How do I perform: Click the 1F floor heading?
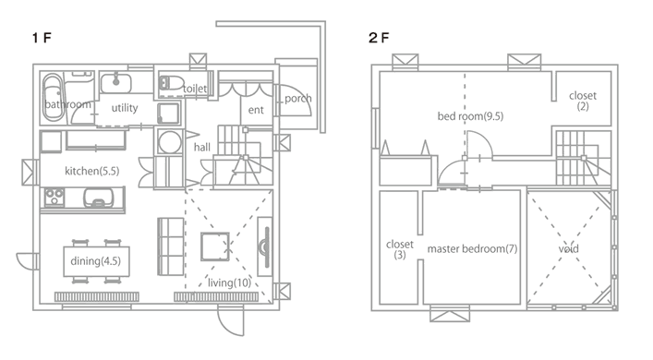click(x=42, y=38)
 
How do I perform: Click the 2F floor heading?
click(x=379, y=38)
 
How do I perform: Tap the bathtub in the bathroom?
click(x=53, y=98)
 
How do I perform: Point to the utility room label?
click(x=125, y=108)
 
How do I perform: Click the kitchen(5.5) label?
click(x=92, y=171)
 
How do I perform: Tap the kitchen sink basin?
click(x=98, y=198)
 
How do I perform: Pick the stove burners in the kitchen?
click(x=54, y=197)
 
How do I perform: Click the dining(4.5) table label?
click(x=96, y=261)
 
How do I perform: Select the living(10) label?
click(x=229, y=283)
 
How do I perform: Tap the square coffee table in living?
click(x=215, y=246)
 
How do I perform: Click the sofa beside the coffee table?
click(x=171, y=246)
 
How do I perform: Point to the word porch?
click(x=298, y=99)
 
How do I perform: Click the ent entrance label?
click(x=256, y=110)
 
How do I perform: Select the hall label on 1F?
click(x=202, y=147)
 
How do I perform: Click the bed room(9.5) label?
click(x=470, y=116)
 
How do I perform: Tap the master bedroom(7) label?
click(x=472, y=249)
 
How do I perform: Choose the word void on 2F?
click(x=568, y=249)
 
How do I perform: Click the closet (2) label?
click(x=583, y=101)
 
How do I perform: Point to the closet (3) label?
click(x=400, y=249)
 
